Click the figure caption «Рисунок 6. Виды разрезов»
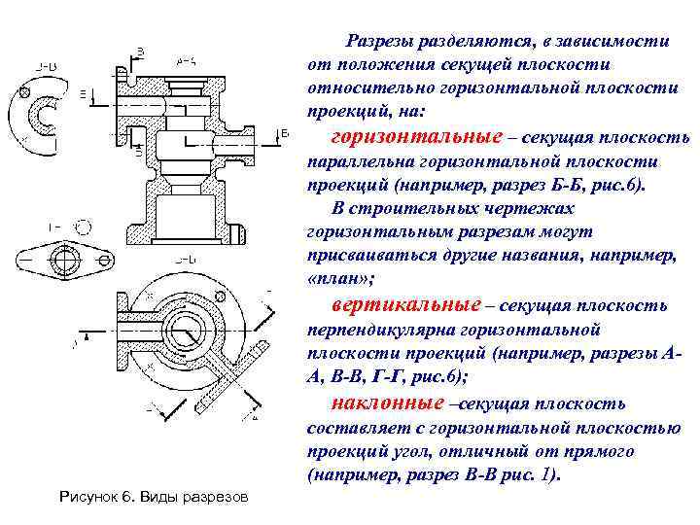point(154,498)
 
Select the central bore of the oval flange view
point(66,257)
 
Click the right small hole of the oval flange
point(100,258)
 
